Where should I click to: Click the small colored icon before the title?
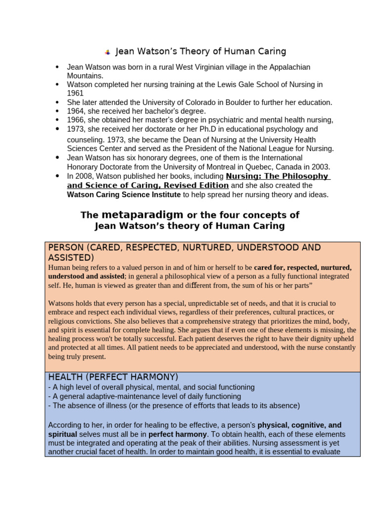tap(107, 52)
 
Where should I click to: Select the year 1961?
tap(75, 93)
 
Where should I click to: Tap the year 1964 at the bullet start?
tap(75, 111)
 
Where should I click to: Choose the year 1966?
tap(75, 120)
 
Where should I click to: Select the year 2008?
tap(84, 176)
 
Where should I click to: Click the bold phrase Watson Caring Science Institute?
tap(124, 195)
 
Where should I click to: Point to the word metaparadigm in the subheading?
tap(142, 215)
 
